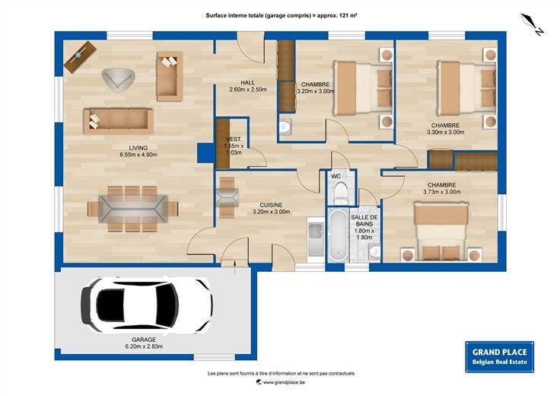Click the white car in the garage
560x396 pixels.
point(147,305)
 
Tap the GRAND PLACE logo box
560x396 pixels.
point(499,356)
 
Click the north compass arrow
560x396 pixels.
point(532,24)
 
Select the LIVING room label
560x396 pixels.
point(138,148)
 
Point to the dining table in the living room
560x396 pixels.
point(133,209)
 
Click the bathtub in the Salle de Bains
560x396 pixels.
point(338,235)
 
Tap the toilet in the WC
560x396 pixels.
point(341,193)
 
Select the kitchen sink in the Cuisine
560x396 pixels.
point(316,238)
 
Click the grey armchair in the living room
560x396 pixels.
point(118,80)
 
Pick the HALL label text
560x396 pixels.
point(248,82)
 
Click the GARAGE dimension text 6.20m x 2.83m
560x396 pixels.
point(144,346)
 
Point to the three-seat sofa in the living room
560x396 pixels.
point(119,121)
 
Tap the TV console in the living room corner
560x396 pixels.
point(81,57)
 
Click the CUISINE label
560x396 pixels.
point(271,205)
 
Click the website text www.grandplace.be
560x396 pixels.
point(284,382)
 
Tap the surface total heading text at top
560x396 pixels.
point(282,15)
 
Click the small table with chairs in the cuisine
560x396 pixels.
point(228,197)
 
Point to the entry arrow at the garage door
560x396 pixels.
point(234,267)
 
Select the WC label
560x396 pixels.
point(336,176)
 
